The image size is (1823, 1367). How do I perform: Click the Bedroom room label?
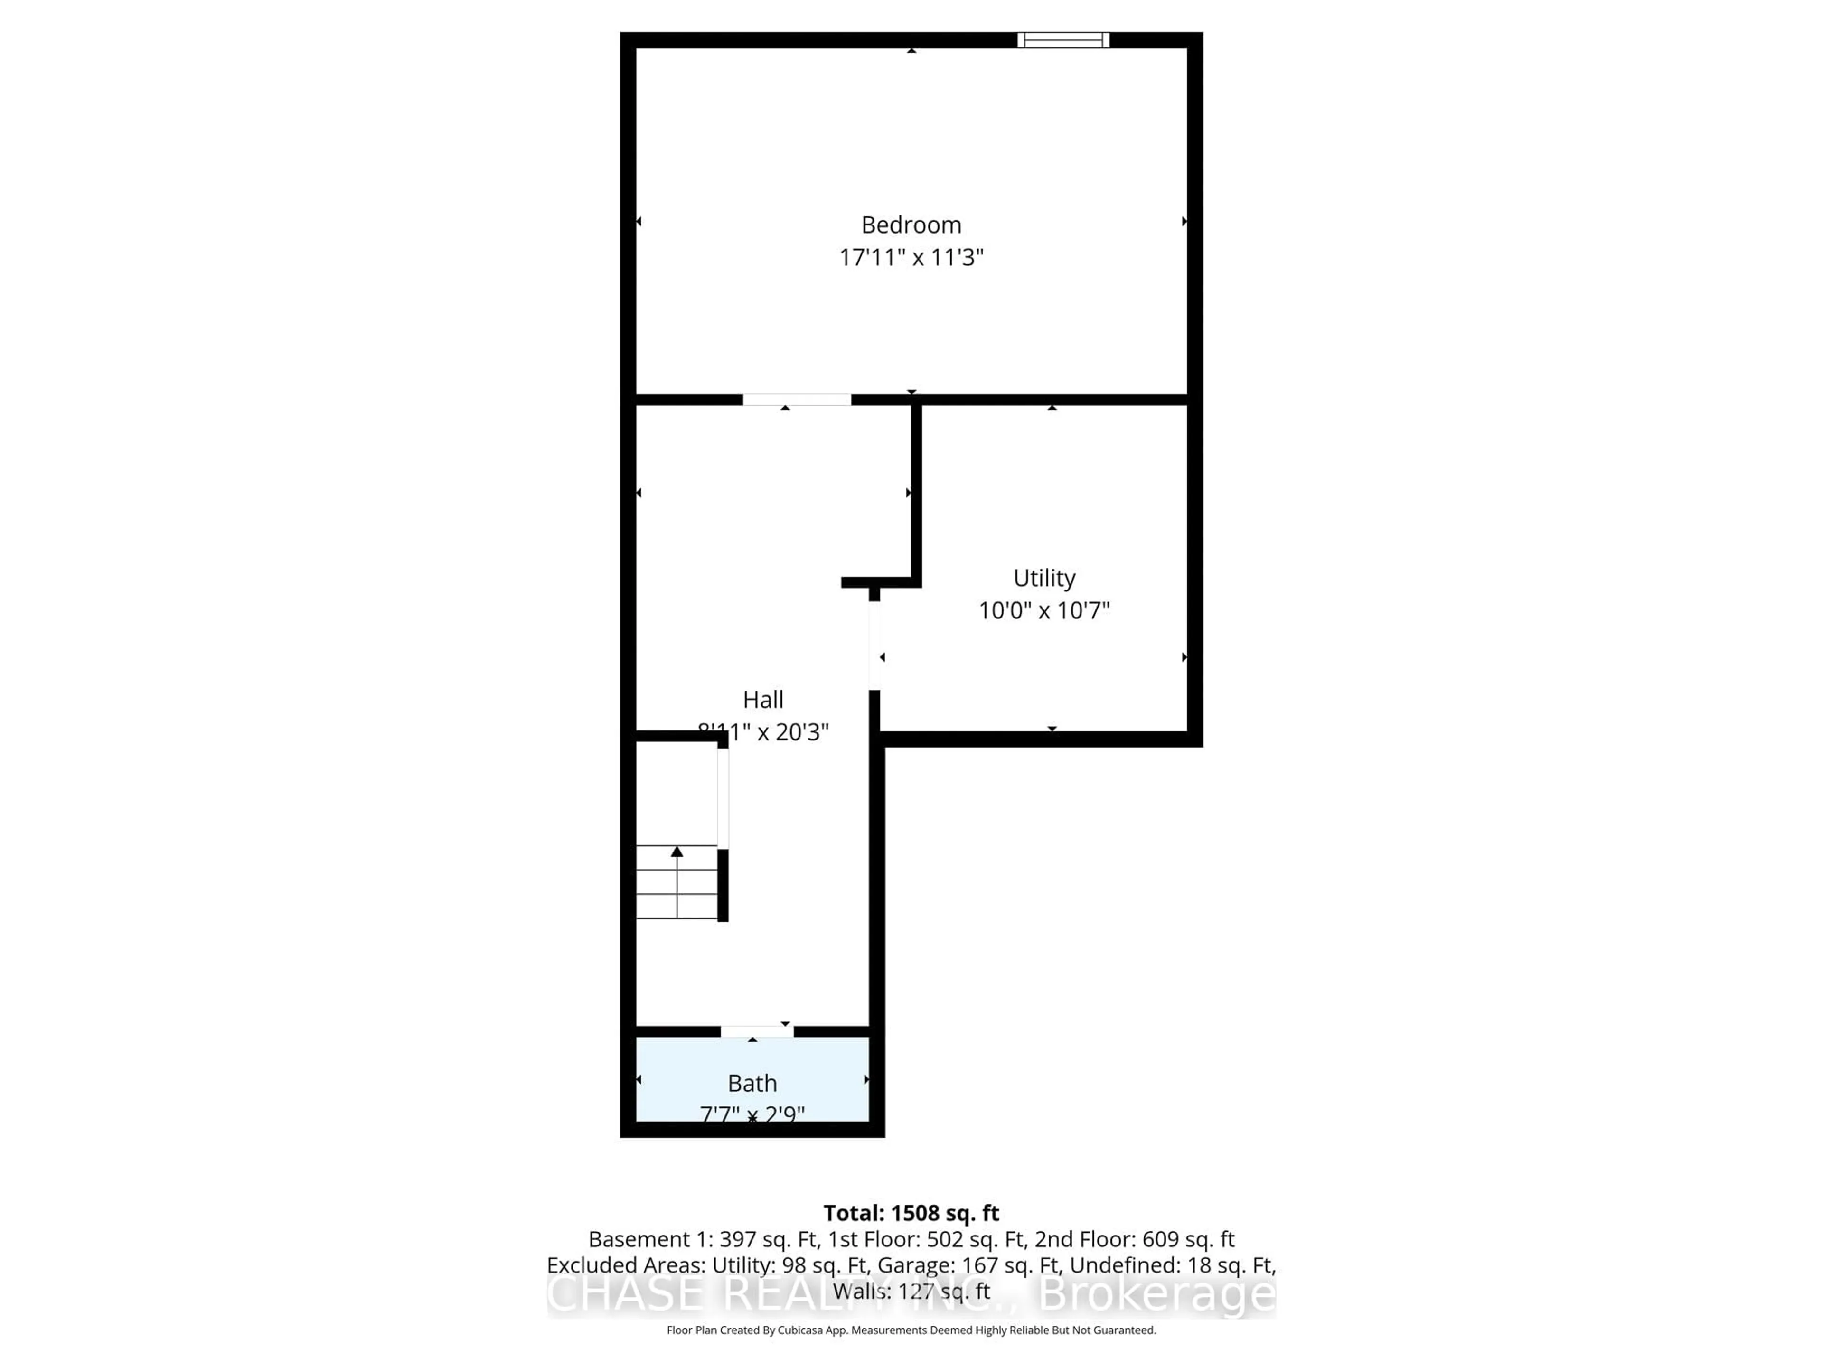tap(911, 225)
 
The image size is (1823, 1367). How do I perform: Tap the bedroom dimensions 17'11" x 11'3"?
tap(911, 258)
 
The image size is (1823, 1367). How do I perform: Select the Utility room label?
tap(1043, 579)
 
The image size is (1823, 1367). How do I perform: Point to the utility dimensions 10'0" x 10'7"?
tap(1043, 610)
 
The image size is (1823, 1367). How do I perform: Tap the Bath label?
tap(752, 1084)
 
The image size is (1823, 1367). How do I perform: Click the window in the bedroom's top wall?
tap(1063, 39)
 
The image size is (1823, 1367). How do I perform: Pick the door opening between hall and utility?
tap(874, 645)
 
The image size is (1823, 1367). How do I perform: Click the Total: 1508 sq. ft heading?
tap(911, 1213)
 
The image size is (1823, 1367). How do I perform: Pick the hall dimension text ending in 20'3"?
tap(763, 732)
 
